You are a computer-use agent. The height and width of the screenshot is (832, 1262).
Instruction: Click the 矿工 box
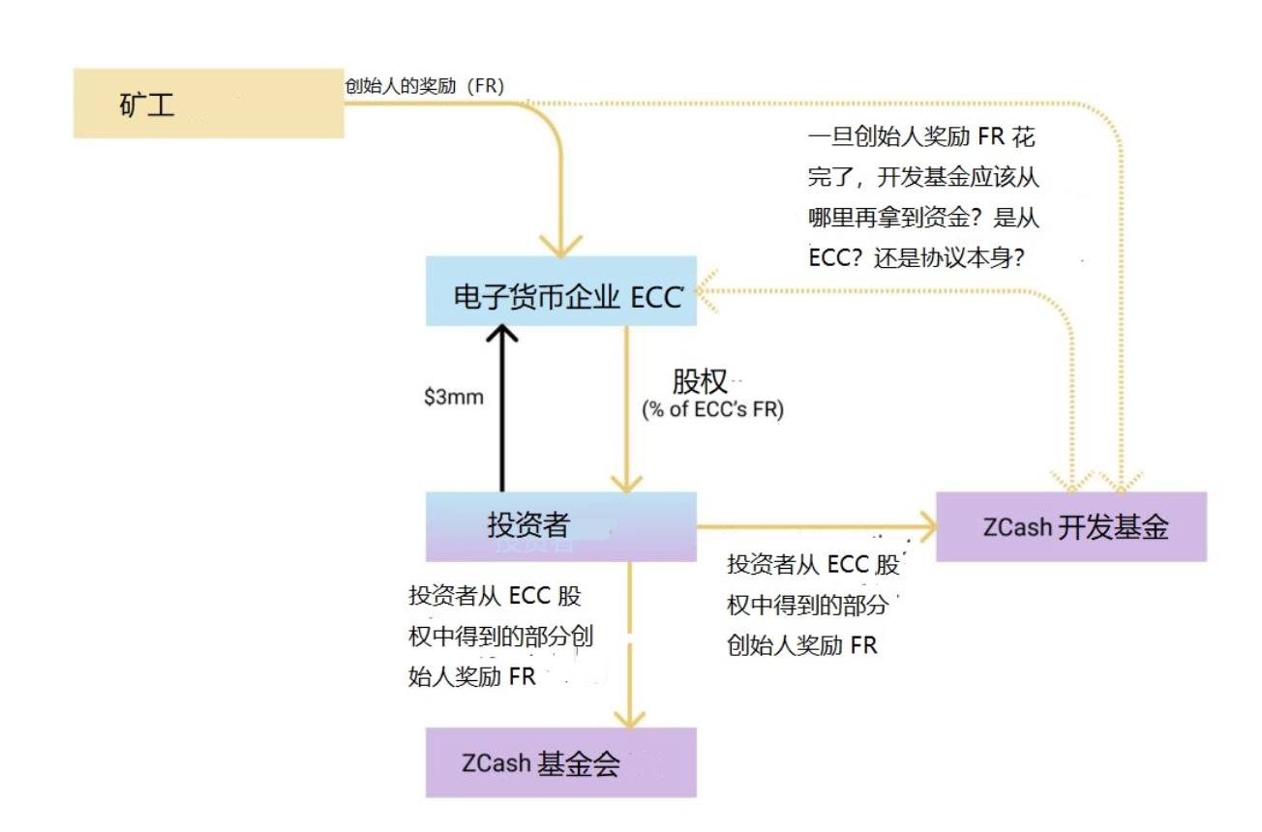[x=208, y=104]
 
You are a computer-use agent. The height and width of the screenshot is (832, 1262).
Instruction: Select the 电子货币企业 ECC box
[x=561, y=290]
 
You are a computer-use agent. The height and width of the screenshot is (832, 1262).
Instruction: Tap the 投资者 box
[x=561, y=526]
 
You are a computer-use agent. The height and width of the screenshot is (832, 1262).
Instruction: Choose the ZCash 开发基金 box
[x=1071, y=526]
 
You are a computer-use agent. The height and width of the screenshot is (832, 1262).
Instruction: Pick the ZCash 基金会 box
[x=561, y=762]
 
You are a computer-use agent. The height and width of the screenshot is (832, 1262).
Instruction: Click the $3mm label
[x=454, y=397]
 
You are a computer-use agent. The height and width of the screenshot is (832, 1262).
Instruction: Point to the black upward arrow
[x=502, y=408]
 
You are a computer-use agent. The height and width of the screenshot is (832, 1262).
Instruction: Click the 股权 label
[x=700, y=382]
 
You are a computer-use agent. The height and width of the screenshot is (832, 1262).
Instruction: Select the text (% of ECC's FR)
[x=712, y=409]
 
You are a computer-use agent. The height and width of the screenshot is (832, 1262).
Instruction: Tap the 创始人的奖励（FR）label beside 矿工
[x=425, y=86]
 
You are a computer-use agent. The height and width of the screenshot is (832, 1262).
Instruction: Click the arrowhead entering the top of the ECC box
[x=561, y=247]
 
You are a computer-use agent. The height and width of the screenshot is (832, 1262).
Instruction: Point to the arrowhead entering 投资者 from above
[x=626, y=484]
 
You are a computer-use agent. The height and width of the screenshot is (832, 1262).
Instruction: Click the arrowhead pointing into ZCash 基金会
[x=629, y=720]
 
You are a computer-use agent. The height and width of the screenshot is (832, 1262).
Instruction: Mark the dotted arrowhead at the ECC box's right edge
[x=706, y=290]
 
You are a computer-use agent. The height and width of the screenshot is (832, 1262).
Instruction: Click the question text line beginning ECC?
[x=916, y=258]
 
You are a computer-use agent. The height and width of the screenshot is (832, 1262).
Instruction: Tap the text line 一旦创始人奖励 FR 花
[x=921, y=136]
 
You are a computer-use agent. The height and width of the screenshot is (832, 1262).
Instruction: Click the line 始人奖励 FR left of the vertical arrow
[x=472, y=676]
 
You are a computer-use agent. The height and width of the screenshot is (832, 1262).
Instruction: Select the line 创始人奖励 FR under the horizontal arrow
[x=802, y=645]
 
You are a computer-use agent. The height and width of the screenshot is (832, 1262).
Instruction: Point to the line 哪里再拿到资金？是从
[x=924, y=218]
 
